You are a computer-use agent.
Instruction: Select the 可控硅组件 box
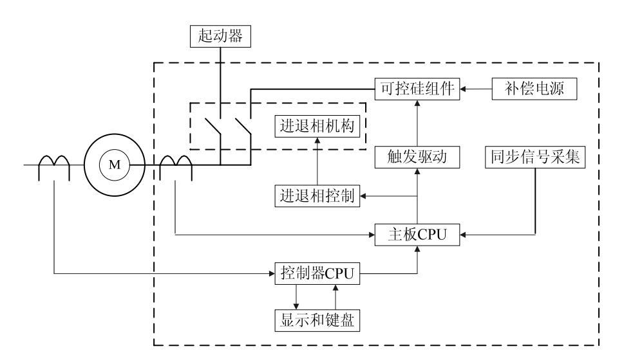418,88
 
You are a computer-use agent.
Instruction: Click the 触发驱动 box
418,156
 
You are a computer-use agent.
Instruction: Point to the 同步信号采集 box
535,156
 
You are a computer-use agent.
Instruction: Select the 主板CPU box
418,235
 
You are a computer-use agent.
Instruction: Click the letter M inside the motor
114,165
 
